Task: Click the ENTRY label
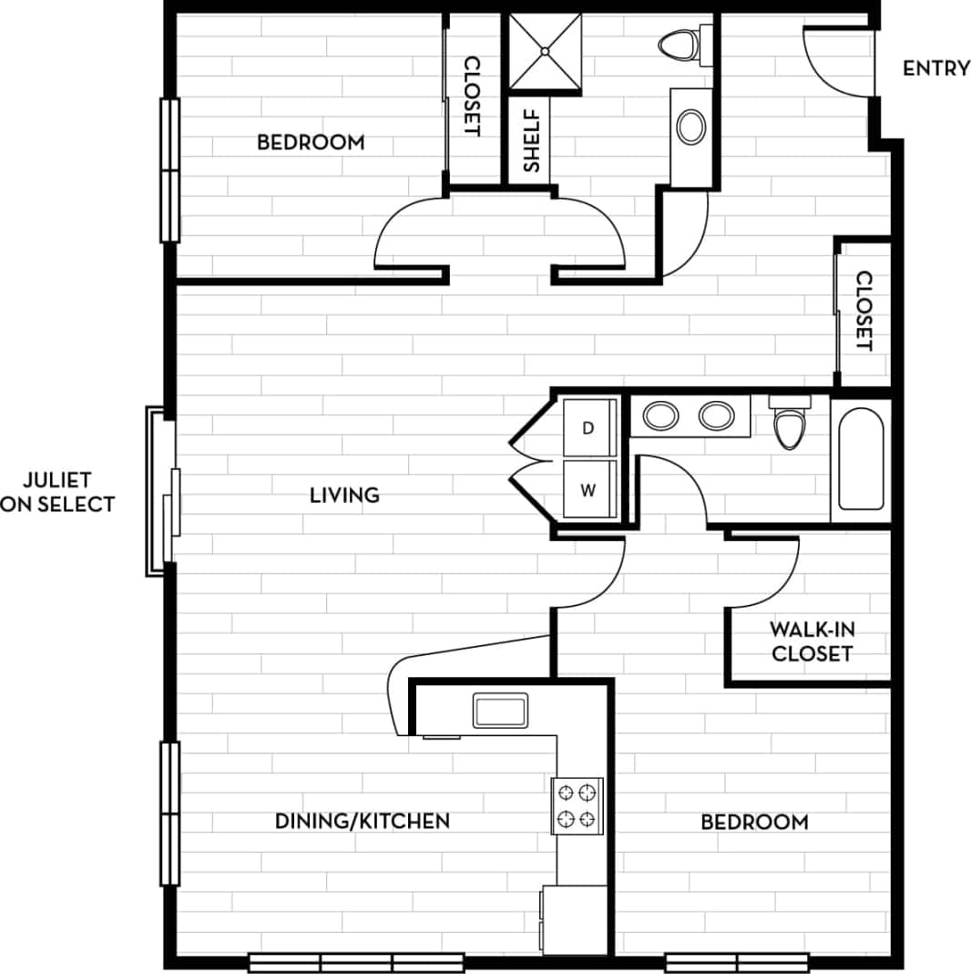[x=935, y=68]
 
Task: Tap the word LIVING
[x=344, y=496]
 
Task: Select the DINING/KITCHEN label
[x=363, y=821]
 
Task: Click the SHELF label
[x=531, y=141]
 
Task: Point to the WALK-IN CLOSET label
[x=812, y=641]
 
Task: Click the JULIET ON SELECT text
[x=58, y=492]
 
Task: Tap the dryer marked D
[x=589, y=427]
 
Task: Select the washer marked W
[x=589, y=490]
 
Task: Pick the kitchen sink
[x=500, y=711]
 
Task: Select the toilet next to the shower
[x=681, y=44]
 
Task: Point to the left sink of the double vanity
[x=660, y=416]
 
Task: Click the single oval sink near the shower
[x=691, y=127]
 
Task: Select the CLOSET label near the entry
[x=864, y=313]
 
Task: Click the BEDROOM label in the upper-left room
[x=311, y=142]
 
